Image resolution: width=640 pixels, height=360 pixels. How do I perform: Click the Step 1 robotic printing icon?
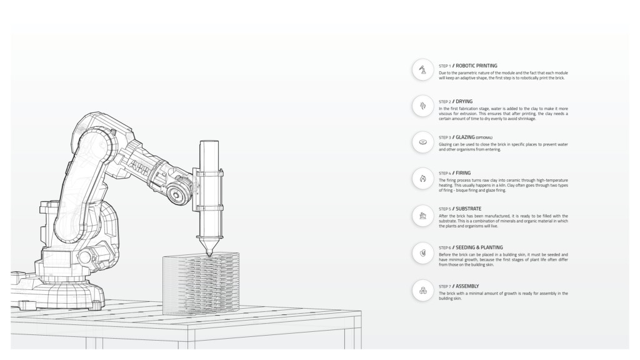423,70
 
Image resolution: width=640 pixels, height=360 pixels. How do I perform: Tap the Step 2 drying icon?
423,106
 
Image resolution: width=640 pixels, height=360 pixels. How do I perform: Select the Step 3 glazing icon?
423,142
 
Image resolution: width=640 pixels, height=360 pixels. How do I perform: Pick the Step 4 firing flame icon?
423,178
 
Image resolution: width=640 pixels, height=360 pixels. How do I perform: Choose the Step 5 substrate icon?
423,216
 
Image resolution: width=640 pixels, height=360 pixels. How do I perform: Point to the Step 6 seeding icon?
423,253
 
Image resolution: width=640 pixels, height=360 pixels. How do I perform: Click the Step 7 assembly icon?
423,291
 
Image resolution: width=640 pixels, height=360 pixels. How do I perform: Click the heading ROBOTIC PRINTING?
476,66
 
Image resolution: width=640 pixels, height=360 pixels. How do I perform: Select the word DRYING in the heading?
464,102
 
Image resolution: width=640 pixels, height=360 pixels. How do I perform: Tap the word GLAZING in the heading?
465,137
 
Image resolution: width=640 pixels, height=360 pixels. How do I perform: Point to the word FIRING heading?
463,173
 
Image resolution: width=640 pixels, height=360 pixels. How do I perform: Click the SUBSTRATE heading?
469,209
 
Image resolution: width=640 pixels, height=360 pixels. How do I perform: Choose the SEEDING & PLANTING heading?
479,247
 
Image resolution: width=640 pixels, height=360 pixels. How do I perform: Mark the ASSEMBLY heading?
467,286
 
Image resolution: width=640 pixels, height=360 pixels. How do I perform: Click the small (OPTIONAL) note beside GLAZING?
484,138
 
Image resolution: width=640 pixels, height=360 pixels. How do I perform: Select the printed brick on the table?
201,284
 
